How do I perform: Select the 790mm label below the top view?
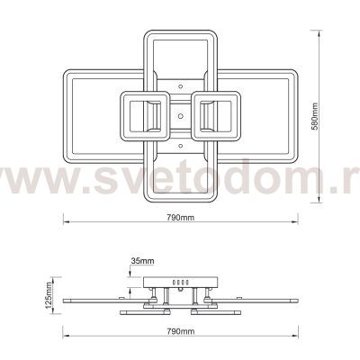(180, 219)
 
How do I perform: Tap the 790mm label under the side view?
(180, 332)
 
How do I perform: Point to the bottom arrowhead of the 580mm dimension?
(323, 202)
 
